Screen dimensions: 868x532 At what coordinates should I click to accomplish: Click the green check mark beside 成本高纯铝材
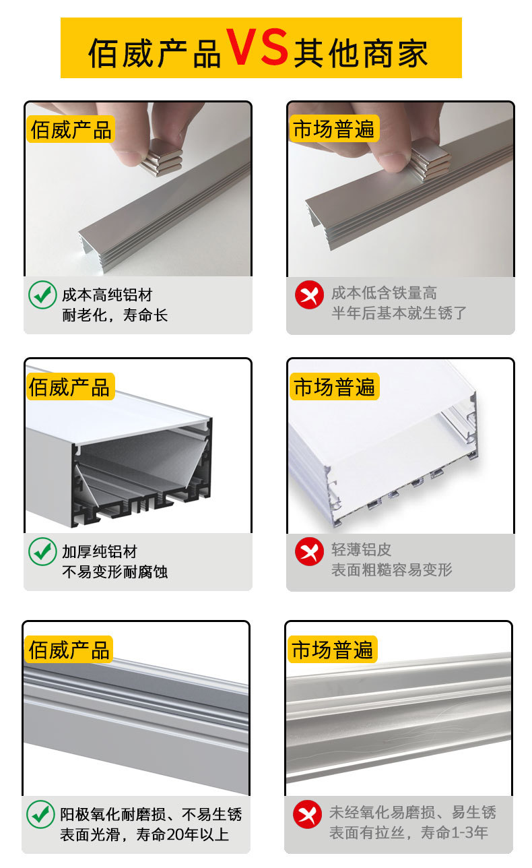click(42, 294)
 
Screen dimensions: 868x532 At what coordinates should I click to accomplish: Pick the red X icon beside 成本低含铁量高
click(309, 295)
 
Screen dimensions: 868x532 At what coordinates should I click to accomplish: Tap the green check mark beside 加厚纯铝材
click(42, 552)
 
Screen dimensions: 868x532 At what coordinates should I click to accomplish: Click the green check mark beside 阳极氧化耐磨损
click(40, 814)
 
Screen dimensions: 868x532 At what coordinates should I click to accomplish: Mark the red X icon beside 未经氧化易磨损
click(307, 814)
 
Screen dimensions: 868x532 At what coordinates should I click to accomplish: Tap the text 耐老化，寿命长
click(114, 315)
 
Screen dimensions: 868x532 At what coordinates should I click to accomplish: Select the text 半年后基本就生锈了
click(399, 313)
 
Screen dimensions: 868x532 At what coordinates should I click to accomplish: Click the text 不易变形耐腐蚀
click(114, 572)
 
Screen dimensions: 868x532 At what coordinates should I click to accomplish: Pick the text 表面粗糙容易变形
click(391, 569)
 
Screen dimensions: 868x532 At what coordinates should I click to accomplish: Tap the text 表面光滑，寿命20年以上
click(145, 834)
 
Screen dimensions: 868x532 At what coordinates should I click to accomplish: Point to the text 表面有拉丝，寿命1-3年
click(409, 832)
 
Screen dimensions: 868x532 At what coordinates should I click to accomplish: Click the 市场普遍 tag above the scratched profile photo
click(333, 650)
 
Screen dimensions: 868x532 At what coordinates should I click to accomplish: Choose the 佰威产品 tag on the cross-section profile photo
click(69, 387)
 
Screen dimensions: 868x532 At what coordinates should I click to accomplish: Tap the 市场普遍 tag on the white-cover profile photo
click(335, 387)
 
